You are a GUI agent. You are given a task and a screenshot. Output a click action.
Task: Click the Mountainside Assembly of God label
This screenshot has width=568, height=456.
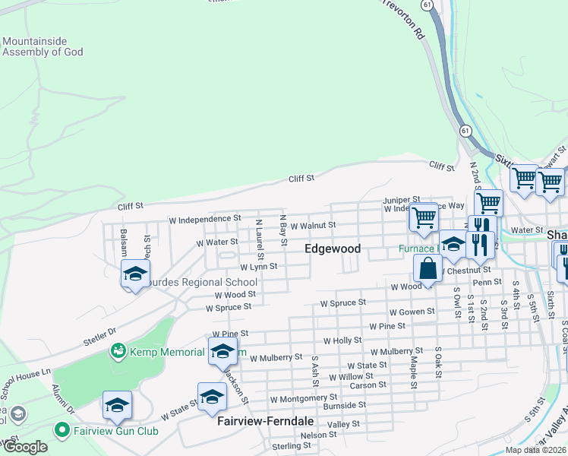43,47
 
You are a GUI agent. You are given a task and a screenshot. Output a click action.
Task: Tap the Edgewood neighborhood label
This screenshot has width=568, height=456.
333,249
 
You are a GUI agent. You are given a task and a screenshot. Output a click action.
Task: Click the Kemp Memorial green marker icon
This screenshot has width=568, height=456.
118,351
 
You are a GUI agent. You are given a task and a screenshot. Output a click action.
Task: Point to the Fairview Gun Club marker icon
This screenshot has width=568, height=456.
62,430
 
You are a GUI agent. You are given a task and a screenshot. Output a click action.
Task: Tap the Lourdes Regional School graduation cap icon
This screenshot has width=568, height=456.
135,274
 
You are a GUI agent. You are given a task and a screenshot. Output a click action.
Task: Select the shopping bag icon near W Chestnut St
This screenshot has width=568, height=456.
428,268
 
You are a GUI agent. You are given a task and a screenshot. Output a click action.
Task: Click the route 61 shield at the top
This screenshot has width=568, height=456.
429,5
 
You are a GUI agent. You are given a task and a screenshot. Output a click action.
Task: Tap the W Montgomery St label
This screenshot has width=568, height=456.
304,398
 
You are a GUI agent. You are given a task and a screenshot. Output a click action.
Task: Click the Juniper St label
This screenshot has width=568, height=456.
401,200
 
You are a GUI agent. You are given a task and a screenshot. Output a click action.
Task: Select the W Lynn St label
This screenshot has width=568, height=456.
258,268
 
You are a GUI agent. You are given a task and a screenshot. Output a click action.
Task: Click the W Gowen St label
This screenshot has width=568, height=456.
412,312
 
